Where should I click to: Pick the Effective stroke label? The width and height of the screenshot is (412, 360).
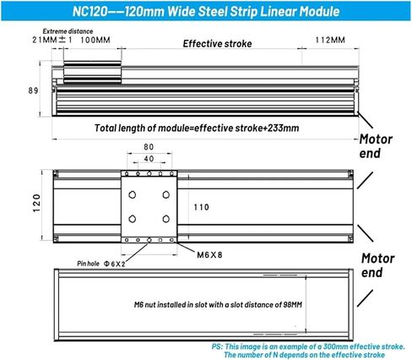point(216,43)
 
